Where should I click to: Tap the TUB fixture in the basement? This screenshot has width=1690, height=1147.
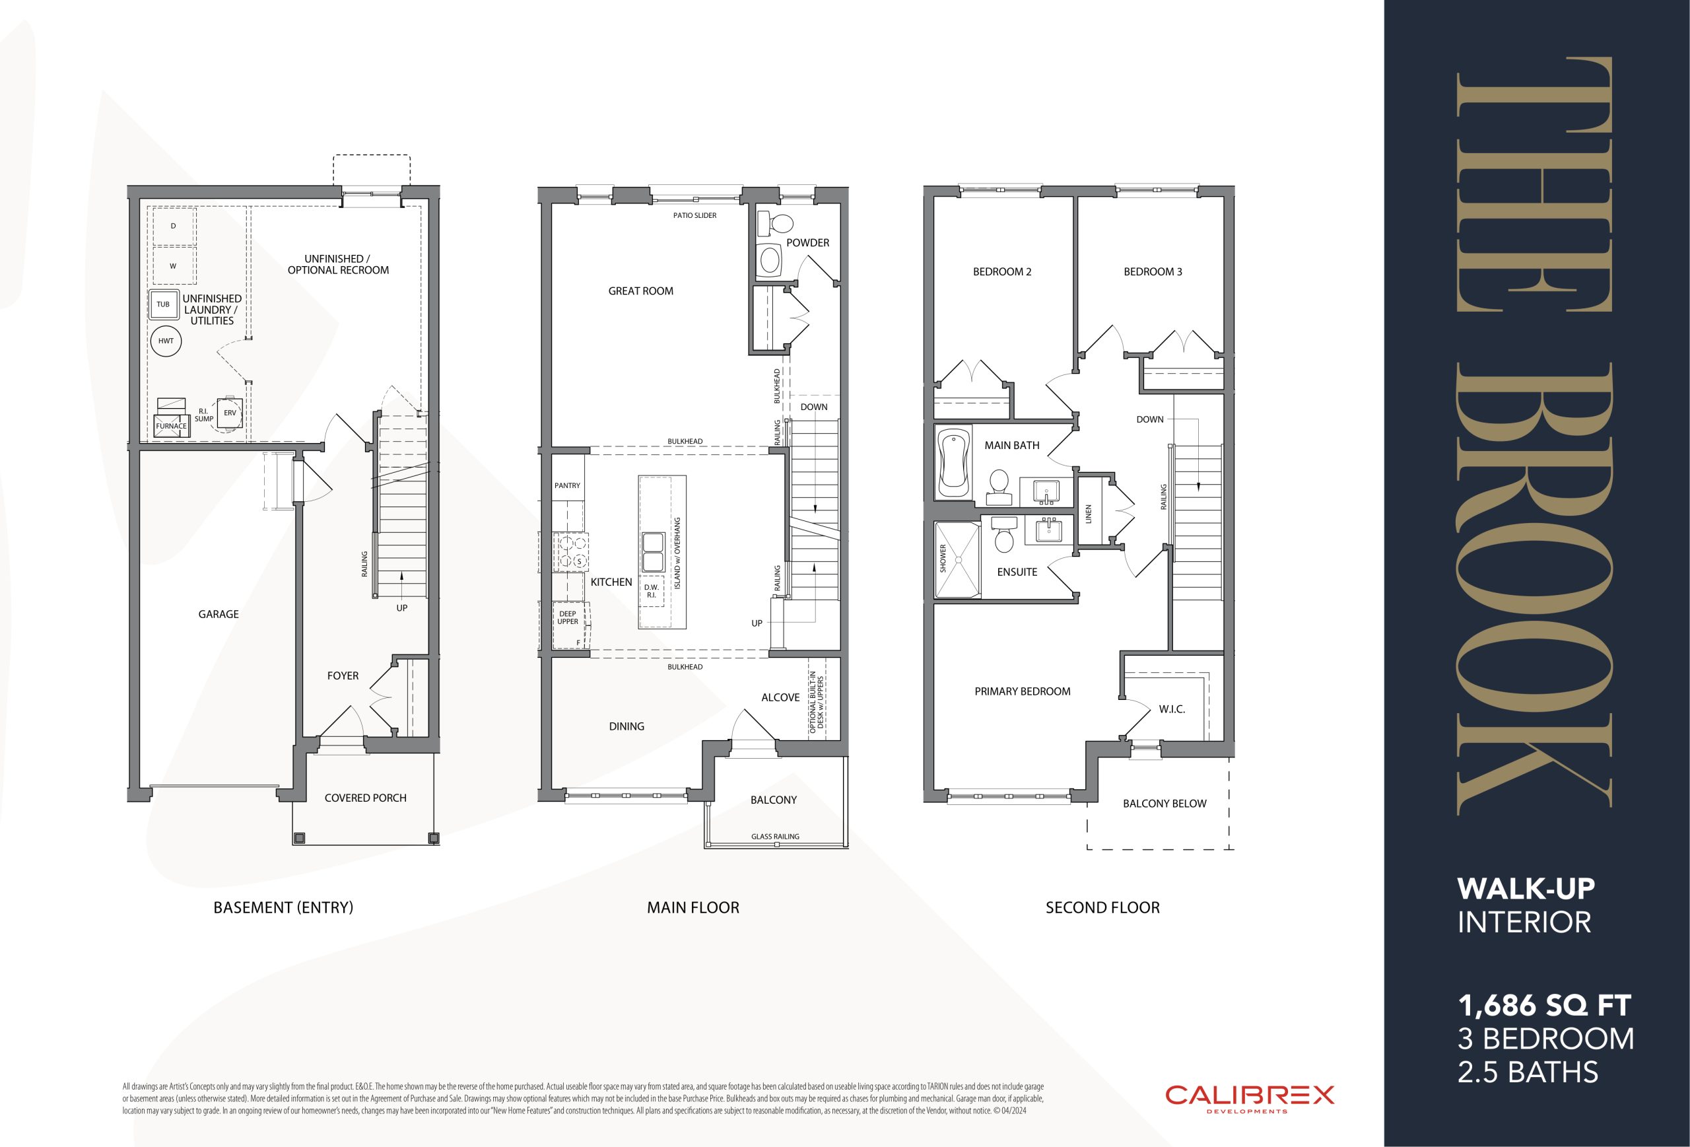pyautogui.click(x=164, y=304)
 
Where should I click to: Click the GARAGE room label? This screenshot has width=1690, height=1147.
pyautogui.click(x=218, y=614)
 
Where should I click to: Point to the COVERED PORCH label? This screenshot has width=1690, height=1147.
pyautogui.click(x=365, y=798)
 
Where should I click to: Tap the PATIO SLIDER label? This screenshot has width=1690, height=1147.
pyautogui.click(x=694, y=215)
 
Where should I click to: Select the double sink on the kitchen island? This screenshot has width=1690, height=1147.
pyautogui.click(x=652, y=552)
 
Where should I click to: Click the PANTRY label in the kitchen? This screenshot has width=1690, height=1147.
pyautogui.click(x=567, y=485)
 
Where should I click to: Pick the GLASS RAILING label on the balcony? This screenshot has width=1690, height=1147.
pyautogui.click(x=775, y=837)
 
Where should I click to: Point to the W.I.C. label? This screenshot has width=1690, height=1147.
pyautogui.click(x=1172, y=709)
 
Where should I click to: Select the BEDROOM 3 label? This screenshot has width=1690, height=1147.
pyautogui.click(x=1153, y=272)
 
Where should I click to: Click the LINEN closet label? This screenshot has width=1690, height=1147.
pyautogui.click(x=1089, y=514)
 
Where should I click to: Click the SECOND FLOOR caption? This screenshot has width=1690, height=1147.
pyautogui.click(x=1102, y=907)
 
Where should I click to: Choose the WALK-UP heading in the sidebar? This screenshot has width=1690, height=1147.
pyautogui.click(x=1526, y=888)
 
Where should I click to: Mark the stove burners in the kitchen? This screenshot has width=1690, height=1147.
pyautogui.click(x=570, y=552)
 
